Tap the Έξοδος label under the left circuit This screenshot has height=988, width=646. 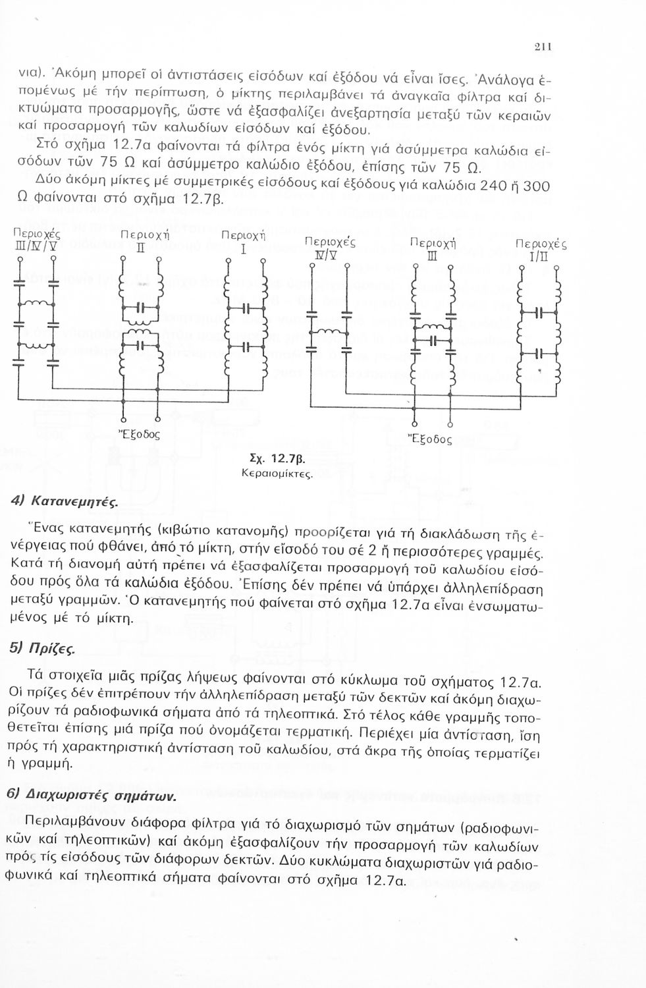139,435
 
